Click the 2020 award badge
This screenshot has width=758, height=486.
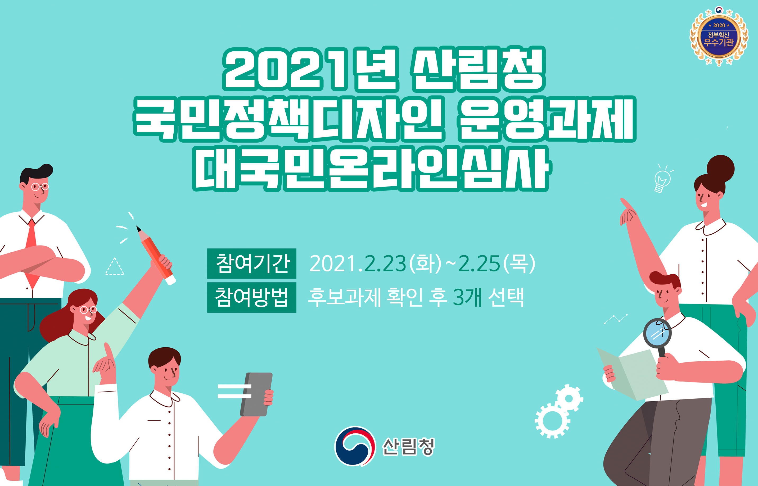(x=719, y=36)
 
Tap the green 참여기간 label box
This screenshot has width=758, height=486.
(x=252, y=264)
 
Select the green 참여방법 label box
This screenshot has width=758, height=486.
(x=252, y=298)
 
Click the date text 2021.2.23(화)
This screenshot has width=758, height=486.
(x=375, y=264)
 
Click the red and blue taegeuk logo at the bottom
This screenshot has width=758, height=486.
(x=355, y=446)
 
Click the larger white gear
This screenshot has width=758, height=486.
(x=552, y=421)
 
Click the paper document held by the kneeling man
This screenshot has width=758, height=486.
(x=632, y=374)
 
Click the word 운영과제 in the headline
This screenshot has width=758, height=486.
(x=547, y=119)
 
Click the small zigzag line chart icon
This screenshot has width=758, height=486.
(x=616, y=319)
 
